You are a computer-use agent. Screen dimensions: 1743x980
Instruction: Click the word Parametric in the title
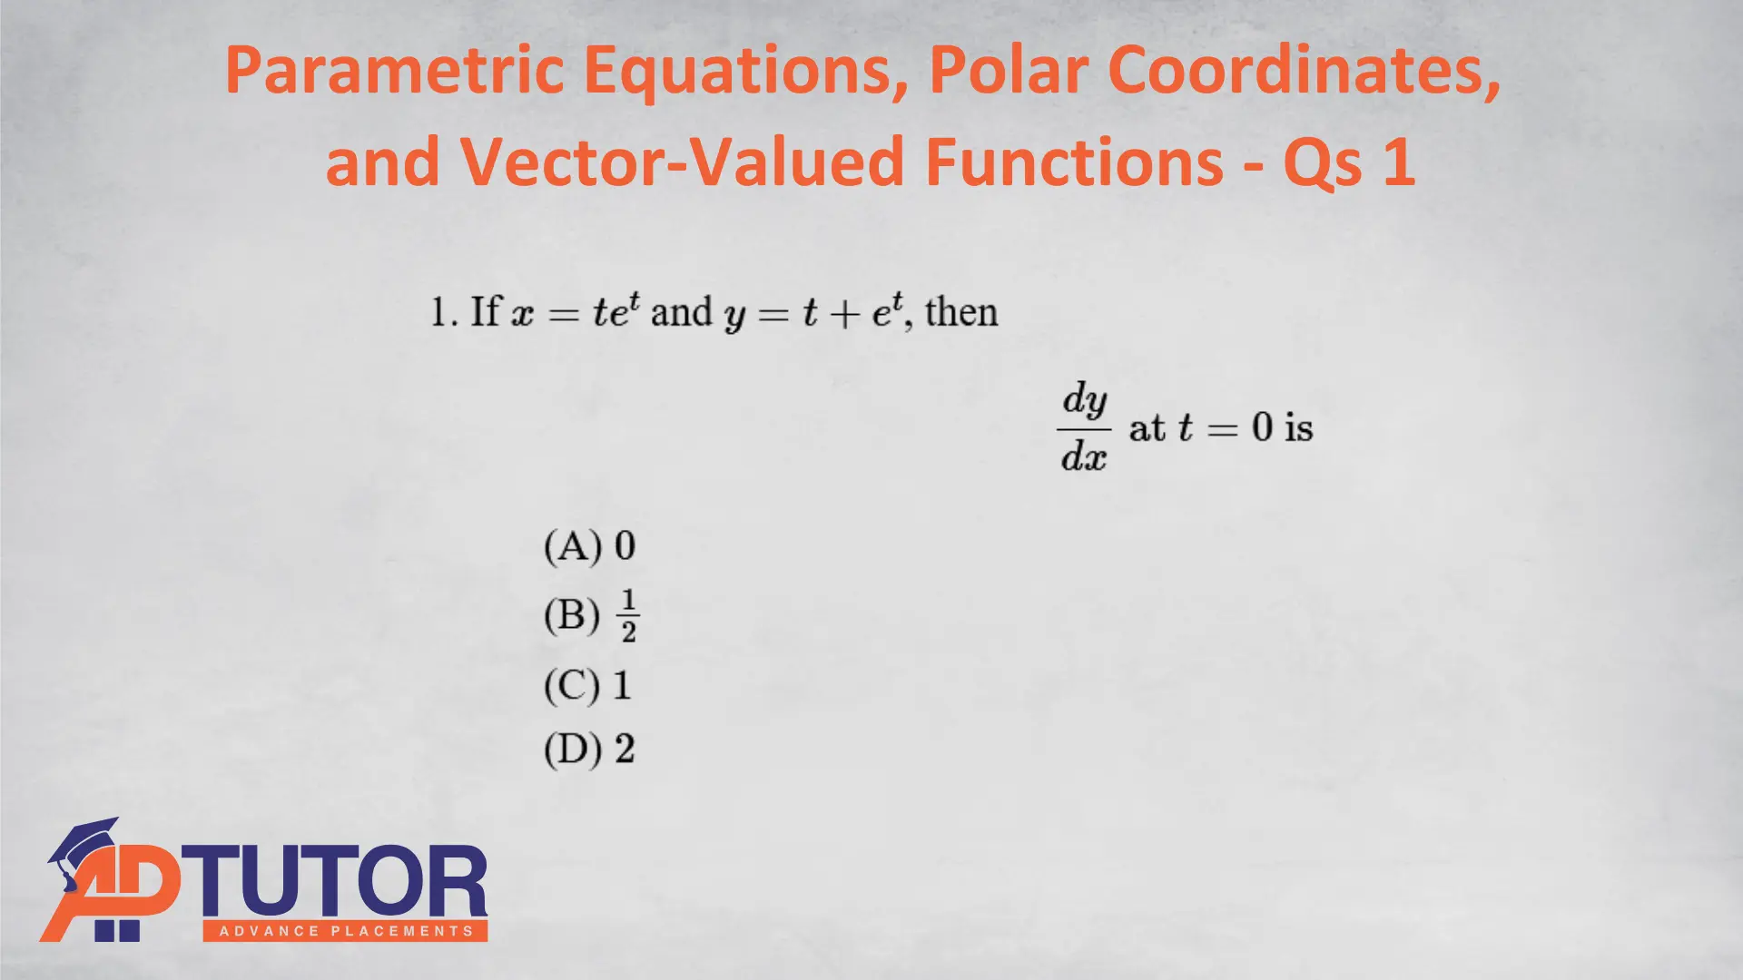click(x=395, y=71)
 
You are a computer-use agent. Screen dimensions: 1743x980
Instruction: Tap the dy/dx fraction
click(x=1084, y=427)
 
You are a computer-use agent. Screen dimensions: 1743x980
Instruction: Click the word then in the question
click(x=961, y=312)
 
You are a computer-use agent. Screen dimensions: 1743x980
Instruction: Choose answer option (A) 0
click(x=589, y=546)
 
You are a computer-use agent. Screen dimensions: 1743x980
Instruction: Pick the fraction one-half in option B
click(x=629, y=616)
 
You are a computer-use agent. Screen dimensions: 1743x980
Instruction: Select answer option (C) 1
click(x=587, y=685)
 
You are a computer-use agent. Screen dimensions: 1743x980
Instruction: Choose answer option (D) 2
click(x=589, y=750)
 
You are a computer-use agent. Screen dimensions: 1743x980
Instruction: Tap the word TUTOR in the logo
click(x=339, y=881)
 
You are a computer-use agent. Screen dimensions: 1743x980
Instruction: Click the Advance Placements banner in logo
click(x=345, y=931)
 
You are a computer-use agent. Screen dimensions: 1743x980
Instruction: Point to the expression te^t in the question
click(x=616, y=310)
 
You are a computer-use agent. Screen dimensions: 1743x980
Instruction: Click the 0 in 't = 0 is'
click(x=1262, y=427)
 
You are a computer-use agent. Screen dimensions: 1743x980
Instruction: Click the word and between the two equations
click(x=682, y=312)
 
